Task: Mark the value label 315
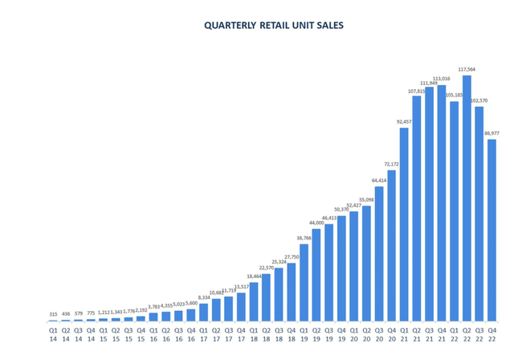[53, 314]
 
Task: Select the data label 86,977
[492, 133]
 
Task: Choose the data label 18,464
[253, 276]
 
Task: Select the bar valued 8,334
[203, 312]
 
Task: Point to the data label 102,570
[479, 100]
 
